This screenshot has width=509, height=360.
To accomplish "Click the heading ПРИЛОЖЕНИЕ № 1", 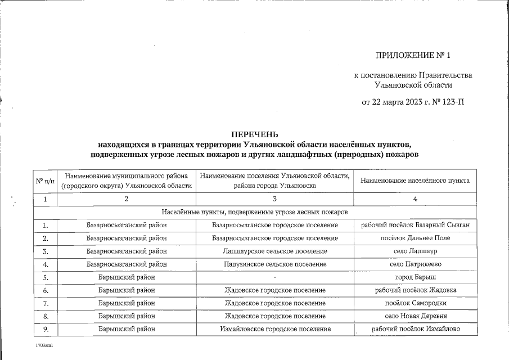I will point(413,55).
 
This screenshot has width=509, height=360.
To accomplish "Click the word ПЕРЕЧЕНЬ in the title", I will point(255,134).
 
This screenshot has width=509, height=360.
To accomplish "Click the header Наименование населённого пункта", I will point(415,181).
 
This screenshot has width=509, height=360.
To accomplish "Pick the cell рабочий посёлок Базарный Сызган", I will point(415,225).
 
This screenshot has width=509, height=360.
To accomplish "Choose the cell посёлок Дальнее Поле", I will point(415,238).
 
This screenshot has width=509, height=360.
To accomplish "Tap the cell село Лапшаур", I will point(415,251).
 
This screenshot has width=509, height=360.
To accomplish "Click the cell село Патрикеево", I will point(415,264).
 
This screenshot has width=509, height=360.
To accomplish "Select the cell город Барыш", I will point(415,277).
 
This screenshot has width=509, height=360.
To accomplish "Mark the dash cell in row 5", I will point(274,277).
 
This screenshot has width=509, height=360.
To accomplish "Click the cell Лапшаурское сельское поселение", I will point(274,251).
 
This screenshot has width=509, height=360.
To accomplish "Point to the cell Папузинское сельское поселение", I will point(274,264).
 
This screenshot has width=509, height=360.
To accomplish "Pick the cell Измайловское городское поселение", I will point(274,328).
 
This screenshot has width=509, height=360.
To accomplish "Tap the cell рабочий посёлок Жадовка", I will point(415,290).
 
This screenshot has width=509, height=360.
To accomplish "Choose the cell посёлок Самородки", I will point(415,303).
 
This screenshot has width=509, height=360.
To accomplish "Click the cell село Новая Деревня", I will point(415,316).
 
